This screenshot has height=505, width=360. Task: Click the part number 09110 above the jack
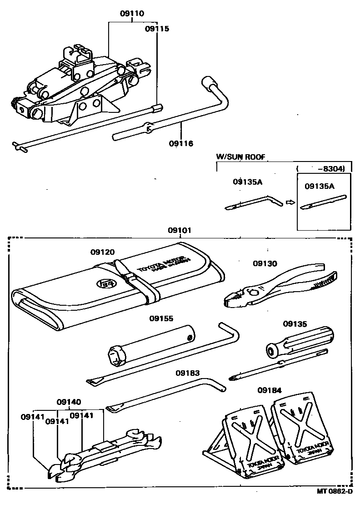[x=132, y=14]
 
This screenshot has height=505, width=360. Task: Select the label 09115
[x=157, y=28]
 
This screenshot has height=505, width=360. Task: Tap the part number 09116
[x=181, y=144]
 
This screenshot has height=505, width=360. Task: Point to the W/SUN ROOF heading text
[x=240, y=157]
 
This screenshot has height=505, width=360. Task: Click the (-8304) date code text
[x=323, y=168]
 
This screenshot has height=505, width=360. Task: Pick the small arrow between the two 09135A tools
[x=289, y=202]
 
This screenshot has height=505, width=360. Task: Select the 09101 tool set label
[x=180, y=231]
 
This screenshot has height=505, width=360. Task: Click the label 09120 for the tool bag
[x=102, y=252]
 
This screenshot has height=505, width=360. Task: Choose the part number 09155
[x=161, y=319]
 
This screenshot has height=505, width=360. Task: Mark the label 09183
[x=188, y=373]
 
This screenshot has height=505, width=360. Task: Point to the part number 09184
[x=270, y=390]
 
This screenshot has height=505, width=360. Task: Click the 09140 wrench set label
[x=69, y=402]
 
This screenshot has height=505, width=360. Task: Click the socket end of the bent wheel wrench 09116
[x=210, y=83]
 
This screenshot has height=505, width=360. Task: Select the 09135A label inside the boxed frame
[x=320, y=187]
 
